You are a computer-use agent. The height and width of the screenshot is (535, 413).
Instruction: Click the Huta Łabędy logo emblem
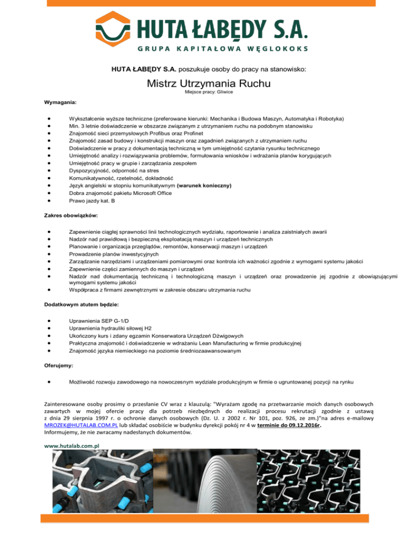[x=116, y=31]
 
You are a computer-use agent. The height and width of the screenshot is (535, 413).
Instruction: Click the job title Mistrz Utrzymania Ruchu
[x=206, y=83]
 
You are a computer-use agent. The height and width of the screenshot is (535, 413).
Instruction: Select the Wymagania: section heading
[x=61, y=102]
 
